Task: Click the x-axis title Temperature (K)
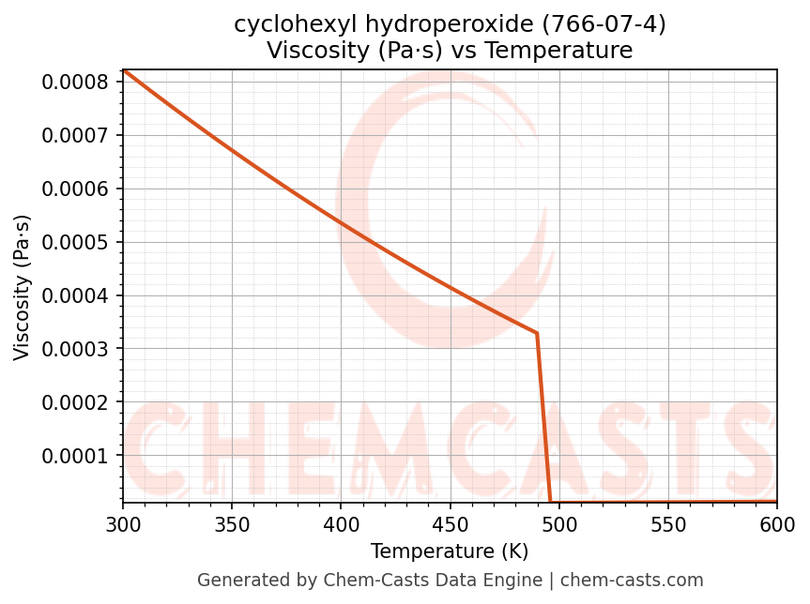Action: tap(450, 551)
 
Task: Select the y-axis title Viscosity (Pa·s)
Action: tap(23, 287)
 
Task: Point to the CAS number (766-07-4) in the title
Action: tap(604, 24)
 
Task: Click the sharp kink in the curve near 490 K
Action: tap(537, 333)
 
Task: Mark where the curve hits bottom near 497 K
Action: tap(551, 502)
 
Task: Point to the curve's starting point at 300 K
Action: tap(123, 69)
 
